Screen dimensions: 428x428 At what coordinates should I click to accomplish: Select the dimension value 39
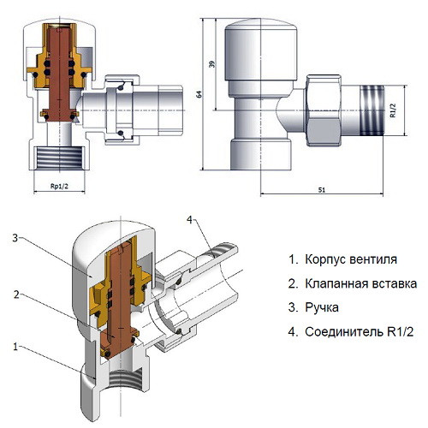[211, 64]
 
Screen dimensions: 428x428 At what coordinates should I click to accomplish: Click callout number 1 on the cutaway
[14, 347]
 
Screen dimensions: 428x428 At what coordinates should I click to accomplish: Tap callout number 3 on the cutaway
[14, 238]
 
